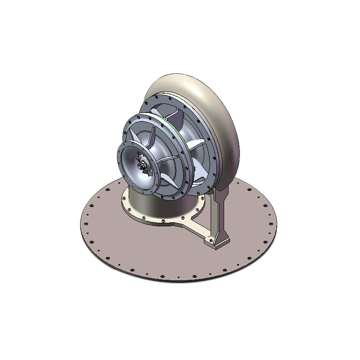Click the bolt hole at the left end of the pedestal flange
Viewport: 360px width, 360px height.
[x=125, y=197]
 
